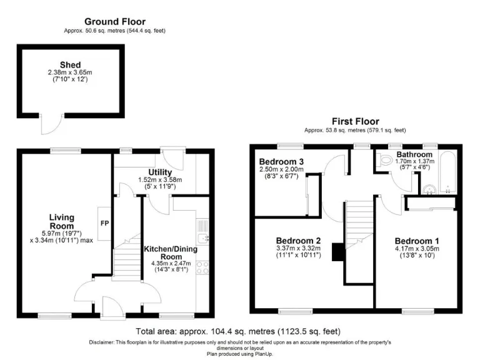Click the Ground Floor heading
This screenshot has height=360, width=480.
pos(115,21)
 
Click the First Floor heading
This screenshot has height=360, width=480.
pos(354,121)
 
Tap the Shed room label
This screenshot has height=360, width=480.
pos(70,64)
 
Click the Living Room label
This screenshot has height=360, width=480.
pos(62,221)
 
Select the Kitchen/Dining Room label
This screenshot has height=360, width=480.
pos(170,252)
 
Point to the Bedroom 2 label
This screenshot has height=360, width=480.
pos(299,241)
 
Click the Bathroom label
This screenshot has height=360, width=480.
pos(414,154)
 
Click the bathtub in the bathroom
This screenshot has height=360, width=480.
pos(447,172)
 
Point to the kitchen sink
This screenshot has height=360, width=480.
pos(202,236)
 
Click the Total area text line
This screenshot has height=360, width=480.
pos(238,331)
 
